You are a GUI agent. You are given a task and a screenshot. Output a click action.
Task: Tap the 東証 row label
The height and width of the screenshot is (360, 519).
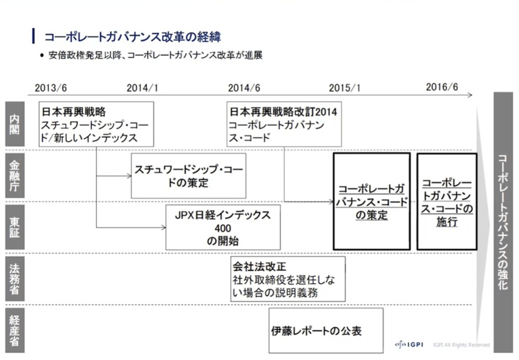14,227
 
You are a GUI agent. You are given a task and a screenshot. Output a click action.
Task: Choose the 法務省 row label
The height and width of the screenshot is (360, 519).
14,279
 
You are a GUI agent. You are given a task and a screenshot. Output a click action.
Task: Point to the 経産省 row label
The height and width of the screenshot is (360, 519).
14,329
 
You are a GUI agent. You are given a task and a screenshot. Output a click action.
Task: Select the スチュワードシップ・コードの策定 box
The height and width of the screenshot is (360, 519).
189,176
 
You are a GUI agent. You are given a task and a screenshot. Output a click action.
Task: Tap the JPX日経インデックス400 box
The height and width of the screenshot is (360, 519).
223,227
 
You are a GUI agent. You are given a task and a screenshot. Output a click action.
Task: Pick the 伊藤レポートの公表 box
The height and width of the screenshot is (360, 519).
326,331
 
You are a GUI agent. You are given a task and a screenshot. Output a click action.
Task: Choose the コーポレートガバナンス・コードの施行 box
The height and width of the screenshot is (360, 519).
447,202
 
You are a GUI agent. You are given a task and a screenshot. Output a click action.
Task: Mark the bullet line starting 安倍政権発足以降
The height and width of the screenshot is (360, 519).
151,56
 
